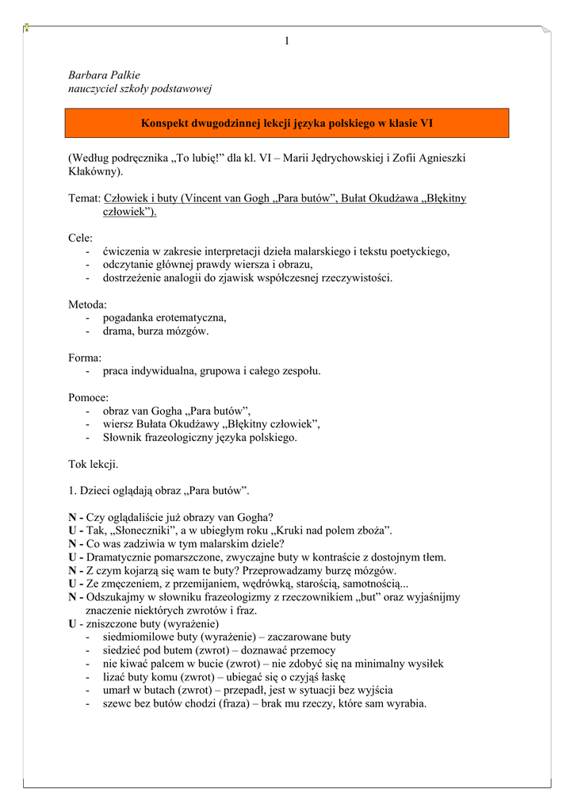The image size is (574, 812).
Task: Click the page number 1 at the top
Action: coord(287,41)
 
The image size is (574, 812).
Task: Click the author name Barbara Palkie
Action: coord(104,75)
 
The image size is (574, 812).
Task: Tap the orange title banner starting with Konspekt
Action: coord(286,124)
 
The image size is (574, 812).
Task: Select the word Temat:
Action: coord(84,198)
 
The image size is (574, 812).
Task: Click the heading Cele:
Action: coord(81,238)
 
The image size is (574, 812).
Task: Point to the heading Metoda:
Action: coord(87,304)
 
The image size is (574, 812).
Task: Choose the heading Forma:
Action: coord(85,358)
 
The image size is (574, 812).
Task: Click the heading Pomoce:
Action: coord(89,397)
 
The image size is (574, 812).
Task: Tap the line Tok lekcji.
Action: coord(94,464)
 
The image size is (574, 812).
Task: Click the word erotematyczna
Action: coord(189,318)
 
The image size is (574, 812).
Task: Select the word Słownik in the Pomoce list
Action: coord(123,437)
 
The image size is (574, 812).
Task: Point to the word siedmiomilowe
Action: coord(139,637)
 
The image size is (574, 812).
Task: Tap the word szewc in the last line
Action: coord(117,703)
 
